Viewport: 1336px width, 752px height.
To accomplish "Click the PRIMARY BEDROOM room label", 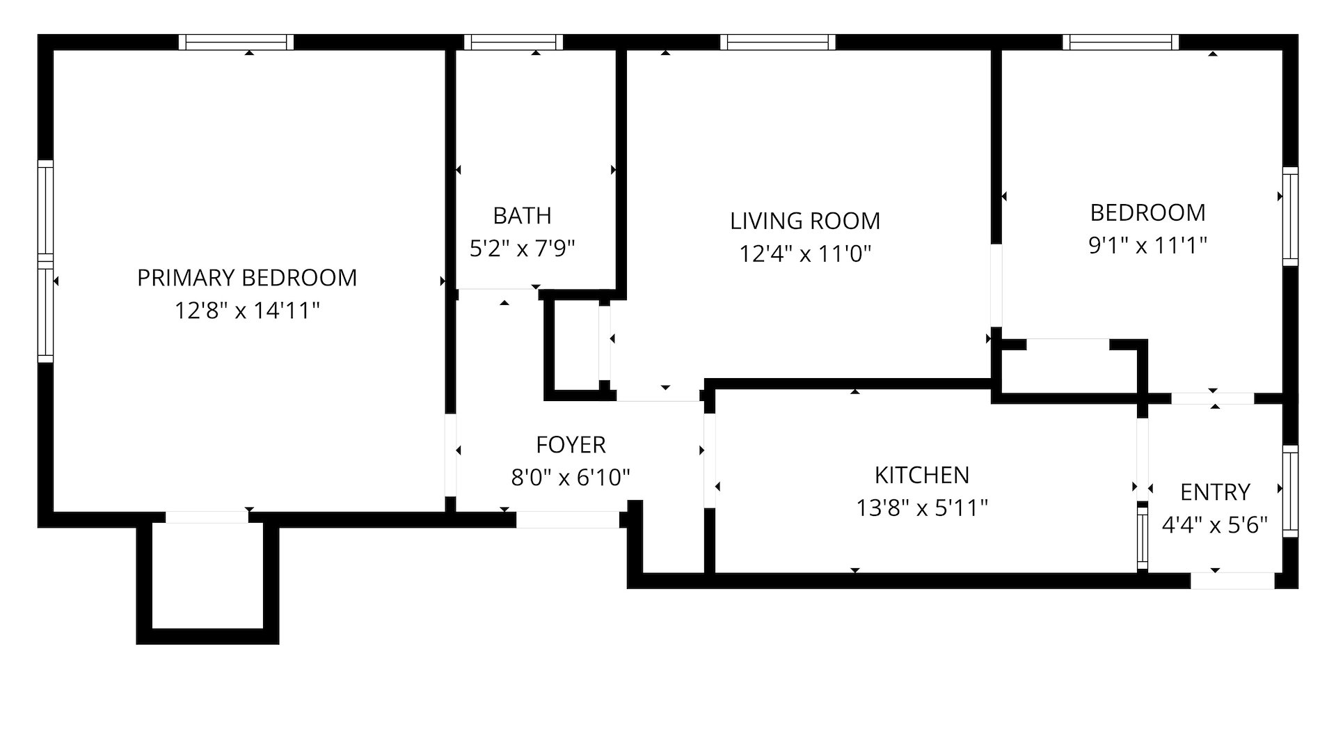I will click(247, 278).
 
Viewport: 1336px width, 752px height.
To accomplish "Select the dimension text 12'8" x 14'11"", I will click(247, 311).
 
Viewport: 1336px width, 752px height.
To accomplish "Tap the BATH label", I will click(522, 216).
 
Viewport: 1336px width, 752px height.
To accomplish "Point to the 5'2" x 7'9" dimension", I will click(522, 249).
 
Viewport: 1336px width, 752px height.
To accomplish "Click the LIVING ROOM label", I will click(805, 221).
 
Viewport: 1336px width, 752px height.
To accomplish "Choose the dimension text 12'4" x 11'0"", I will click(805, 254).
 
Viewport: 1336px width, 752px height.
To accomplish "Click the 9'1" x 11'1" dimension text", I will click(1147, 245).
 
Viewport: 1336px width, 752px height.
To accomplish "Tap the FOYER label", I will click(571, 444).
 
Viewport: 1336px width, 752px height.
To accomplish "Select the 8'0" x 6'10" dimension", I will click(571, 478).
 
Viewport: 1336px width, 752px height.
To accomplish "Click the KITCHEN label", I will click(921, 475).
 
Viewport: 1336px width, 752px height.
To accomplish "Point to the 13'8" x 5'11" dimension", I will click(921, 508).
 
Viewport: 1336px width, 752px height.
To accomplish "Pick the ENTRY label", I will click(1215, 492).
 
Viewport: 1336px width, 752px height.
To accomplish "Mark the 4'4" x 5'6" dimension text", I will click(1215, 525).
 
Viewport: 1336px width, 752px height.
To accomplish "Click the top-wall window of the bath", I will click(514, 42).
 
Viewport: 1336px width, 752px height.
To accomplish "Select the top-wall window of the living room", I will click(778, 42).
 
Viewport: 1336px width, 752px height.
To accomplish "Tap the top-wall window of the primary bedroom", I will click(237, 42).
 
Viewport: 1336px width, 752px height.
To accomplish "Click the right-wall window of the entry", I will click(1290, 491).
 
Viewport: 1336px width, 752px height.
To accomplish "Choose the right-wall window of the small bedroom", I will click(1290, 216).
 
